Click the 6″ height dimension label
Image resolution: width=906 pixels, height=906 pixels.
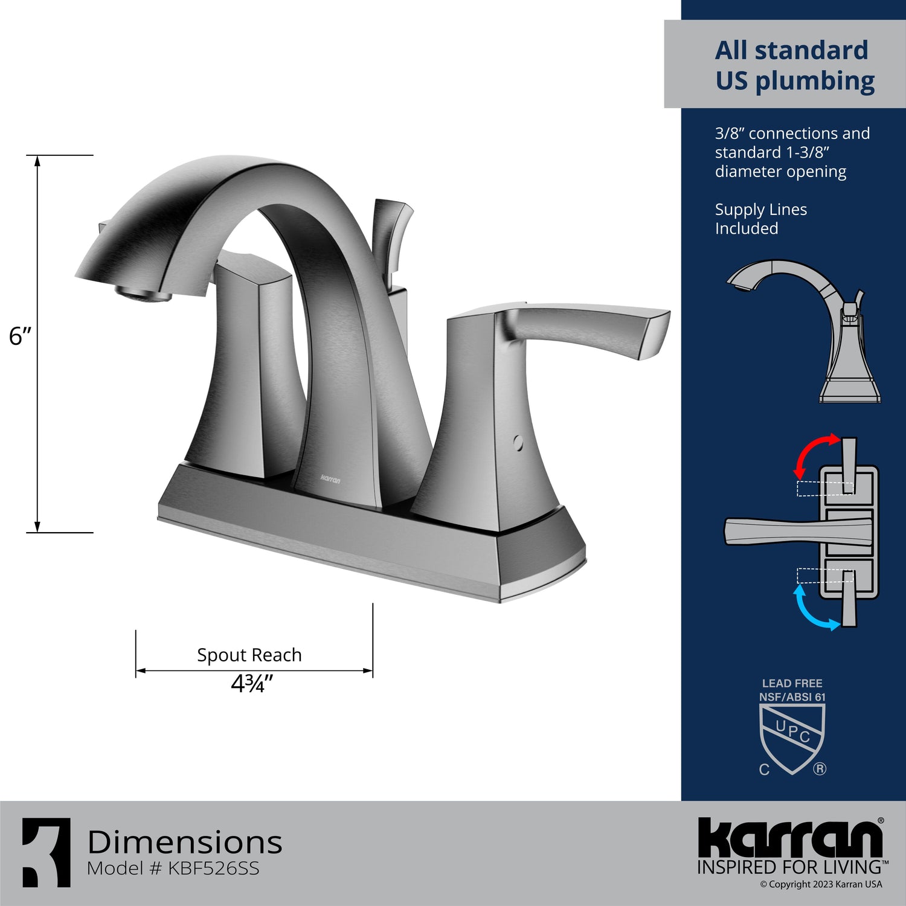click(20, 336)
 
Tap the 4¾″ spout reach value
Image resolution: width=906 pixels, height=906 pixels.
click(252, 684)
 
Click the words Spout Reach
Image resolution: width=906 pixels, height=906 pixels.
click(249, 655)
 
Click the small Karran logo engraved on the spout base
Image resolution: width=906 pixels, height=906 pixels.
click(330, 480)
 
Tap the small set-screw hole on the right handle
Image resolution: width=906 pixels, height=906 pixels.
click(518, 443)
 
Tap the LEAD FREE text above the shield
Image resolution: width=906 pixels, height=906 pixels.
click(792, 683)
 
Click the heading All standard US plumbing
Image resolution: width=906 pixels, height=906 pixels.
click(794, 65)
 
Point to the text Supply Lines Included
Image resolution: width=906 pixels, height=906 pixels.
click(760, 219)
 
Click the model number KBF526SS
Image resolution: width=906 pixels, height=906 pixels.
click(213, 869)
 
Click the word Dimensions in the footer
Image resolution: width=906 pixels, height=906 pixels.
click(185, 842)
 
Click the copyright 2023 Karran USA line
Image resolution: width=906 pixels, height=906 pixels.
click(821, 884)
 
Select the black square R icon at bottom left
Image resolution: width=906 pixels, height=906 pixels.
click(47, 852)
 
